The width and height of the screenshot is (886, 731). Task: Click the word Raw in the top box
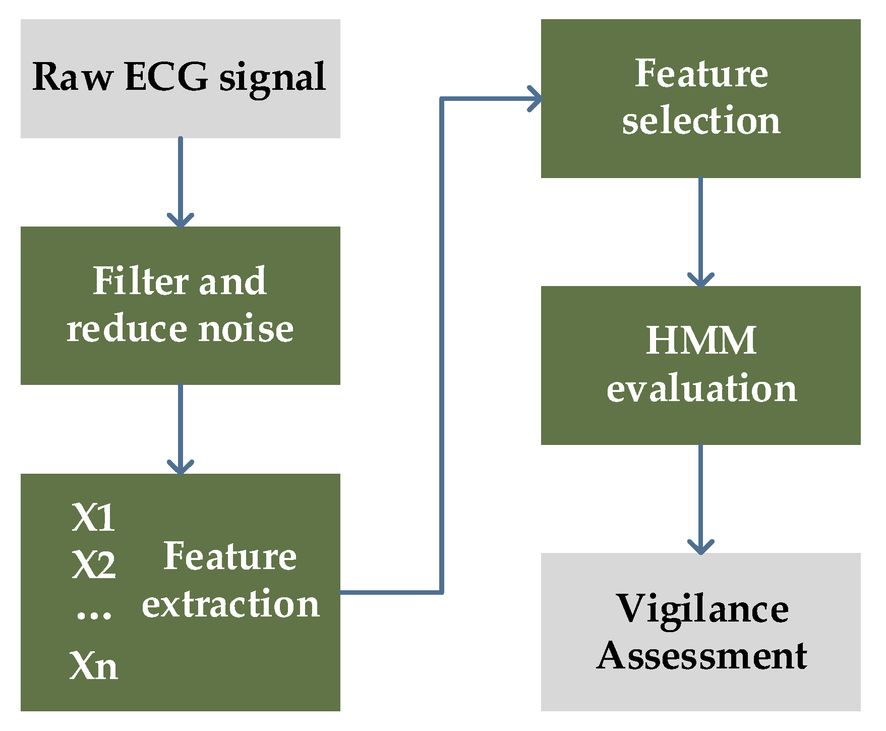click(x=73, y=77)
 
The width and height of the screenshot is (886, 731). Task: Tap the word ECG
click(x=166, y=77)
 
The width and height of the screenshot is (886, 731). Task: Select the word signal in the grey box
click(x=272, y=78)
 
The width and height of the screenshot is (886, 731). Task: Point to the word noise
click(x=246, y=329)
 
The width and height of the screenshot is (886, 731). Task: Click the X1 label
click(x=93, y=518)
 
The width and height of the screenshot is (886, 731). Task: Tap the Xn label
click(x=94, y=666)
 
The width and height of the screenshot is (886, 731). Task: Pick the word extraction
click(x=230, y=604)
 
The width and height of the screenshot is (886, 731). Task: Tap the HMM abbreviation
click(x=701, y=341)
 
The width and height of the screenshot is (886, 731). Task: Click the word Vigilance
click(x=702, y=609)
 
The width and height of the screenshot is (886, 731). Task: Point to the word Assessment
click(x=702, y=656)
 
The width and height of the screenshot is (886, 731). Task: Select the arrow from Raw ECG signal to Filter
click(x=181, y=182)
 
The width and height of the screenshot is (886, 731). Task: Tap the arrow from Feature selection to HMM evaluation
click(x=701, y=232)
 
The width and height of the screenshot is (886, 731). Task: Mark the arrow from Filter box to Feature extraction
click(x=181, y=429)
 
